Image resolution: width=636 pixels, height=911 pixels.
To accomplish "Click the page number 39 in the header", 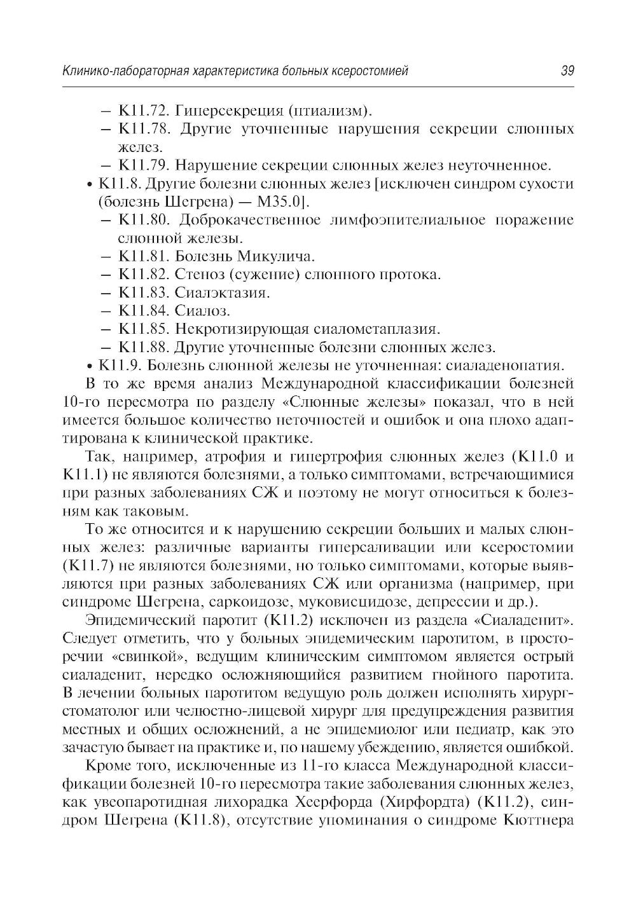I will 567,71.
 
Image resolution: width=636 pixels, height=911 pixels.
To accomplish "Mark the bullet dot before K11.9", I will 89,367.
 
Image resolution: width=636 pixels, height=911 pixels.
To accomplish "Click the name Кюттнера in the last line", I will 539,819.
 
